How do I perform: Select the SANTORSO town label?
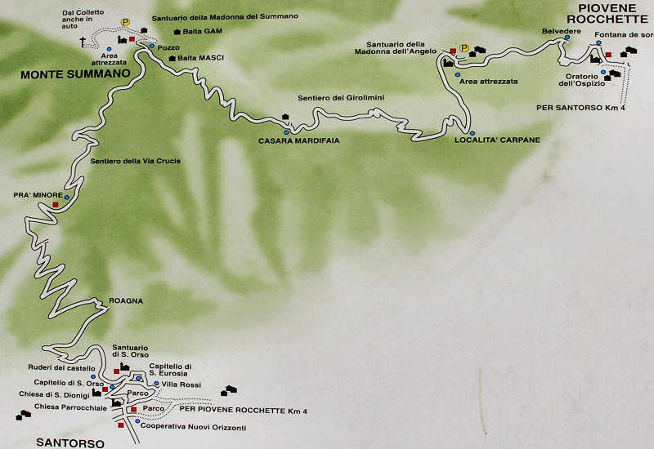point(70,443)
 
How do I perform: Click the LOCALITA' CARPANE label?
point(497,140)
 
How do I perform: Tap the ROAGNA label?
point(126,300)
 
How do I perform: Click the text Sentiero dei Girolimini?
point(341,98)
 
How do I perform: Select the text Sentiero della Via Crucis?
point(136,161)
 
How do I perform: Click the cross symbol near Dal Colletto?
point(83,41)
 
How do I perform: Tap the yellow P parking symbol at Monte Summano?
point(125,23)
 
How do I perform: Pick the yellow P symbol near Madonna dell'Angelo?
point(464,48)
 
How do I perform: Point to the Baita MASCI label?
point(200,58)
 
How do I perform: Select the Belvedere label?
point(561,30)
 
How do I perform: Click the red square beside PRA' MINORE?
point(56,204)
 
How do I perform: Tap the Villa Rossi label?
point(181,384)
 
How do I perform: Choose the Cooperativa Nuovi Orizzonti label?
point(193,427)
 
